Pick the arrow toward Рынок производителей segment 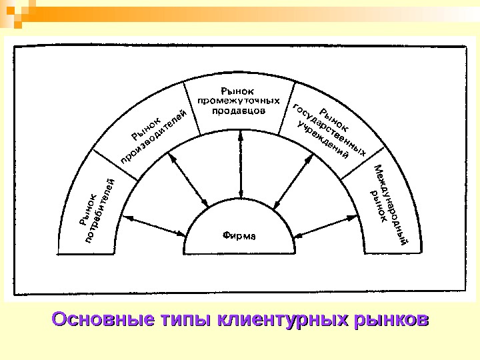[190, 180]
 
